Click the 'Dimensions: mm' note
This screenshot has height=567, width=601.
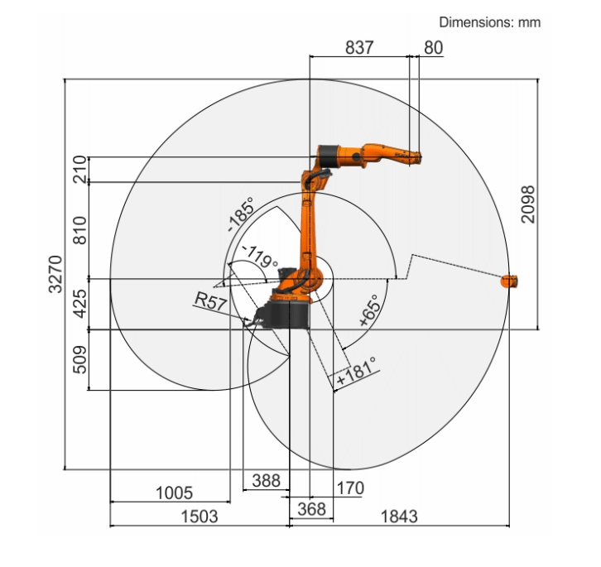[x=489, y=22]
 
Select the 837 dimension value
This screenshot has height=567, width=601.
[x=359, y=47]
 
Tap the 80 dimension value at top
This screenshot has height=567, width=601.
[x=434, y=47]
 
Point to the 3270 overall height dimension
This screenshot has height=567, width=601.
[x=55, y=274]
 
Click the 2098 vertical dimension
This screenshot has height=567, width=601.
[x=528, y=204]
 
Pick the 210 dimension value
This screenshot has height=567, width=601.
[x=80, y=169]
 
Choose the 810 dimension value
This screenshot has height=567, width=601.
[x=80, y=230]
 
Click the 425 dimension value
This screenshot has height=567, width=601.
[x=80, y=304]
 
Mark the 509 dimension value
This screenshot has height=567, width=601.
[x=80, y=359]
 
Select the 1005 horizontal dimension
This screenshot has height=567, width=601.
[x=174, y=493]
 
